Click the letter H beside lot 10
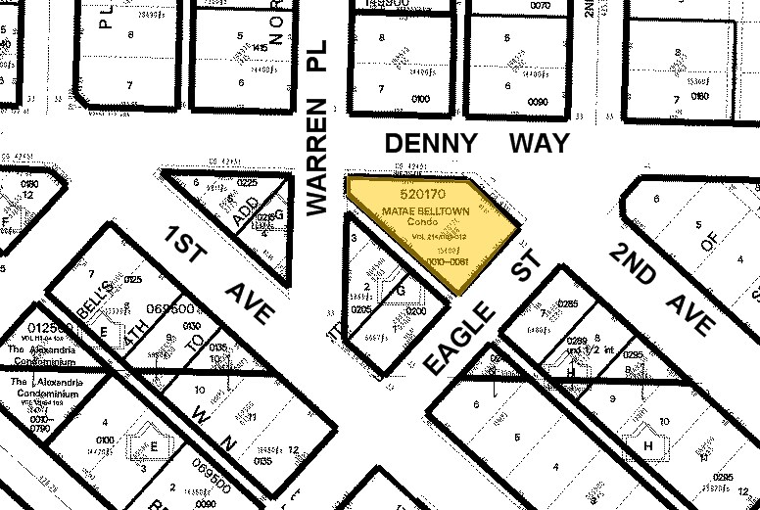tap(647, 446)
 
